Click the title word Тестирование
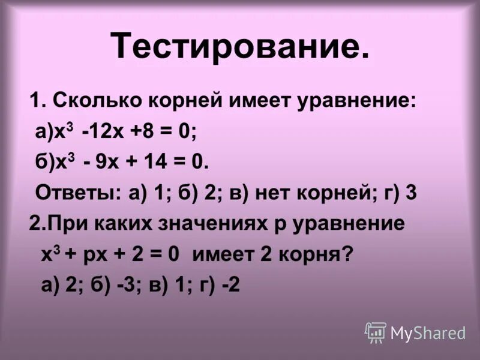click(x=240, y=46)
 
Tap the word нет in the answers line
click(x=272, y=193)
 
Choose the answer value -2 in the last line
click(x=229, y=285)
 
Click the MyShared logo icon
click(x=376, y=332)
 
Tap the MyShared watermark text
click(x=428, y=333)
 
